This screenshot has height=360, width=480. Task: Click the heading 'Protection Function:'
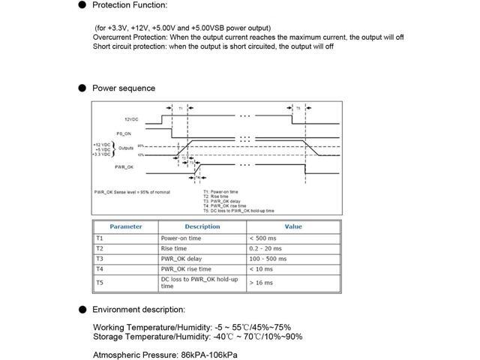130,5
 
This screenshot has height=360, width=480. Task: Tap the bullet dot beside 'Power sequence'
82,88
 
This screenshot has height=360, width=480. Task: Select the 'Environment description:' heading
139,309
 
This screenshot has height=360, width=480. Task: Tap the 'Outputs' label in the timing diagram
126,148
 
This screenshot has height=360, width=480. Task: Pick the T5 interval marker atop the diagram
298,109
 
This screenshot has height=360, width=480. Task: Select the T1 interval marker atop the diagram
180,109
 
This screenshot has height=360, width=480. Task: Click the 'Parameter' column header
125,226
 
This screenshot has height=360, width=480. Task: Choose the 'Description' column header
202,226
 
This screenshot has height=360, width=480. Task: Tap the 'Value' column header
293,226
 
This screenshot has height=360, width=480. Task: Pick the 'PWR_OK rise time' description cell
186,269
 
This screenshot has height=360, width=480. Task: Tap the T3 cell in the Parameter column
100,259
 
